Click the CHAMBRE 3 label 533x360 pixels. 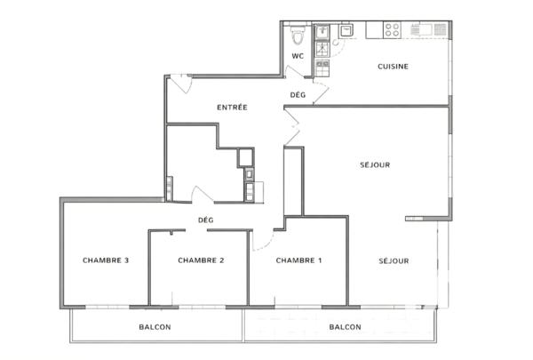(106, 260)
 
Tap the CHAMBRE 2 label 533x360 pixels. (200, 260)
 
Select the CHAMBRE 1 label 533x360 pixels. (298, 260)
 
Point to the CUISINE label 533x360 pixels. (393, 66)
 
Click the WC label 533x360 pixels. (298, 57)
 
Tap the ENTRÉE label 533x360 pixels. (232, 108)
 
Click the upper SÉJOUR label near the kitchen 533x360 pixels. (375, 164)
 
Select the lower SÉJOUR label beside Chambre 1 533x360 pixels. (394, 260)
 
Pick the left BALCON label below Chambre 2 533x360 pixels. (155, 327)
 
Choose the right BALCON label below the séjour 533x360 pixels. (345, 327)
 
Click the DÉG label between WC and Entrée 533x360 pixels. (298, 94)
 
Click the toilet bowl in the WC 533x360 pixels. (298, 36)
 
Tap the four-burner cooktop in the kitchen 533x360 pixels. (392, 31)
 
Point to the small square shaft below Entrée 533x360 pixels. (245, 157)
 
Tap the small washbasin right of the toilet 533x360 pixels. (322, 33)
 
